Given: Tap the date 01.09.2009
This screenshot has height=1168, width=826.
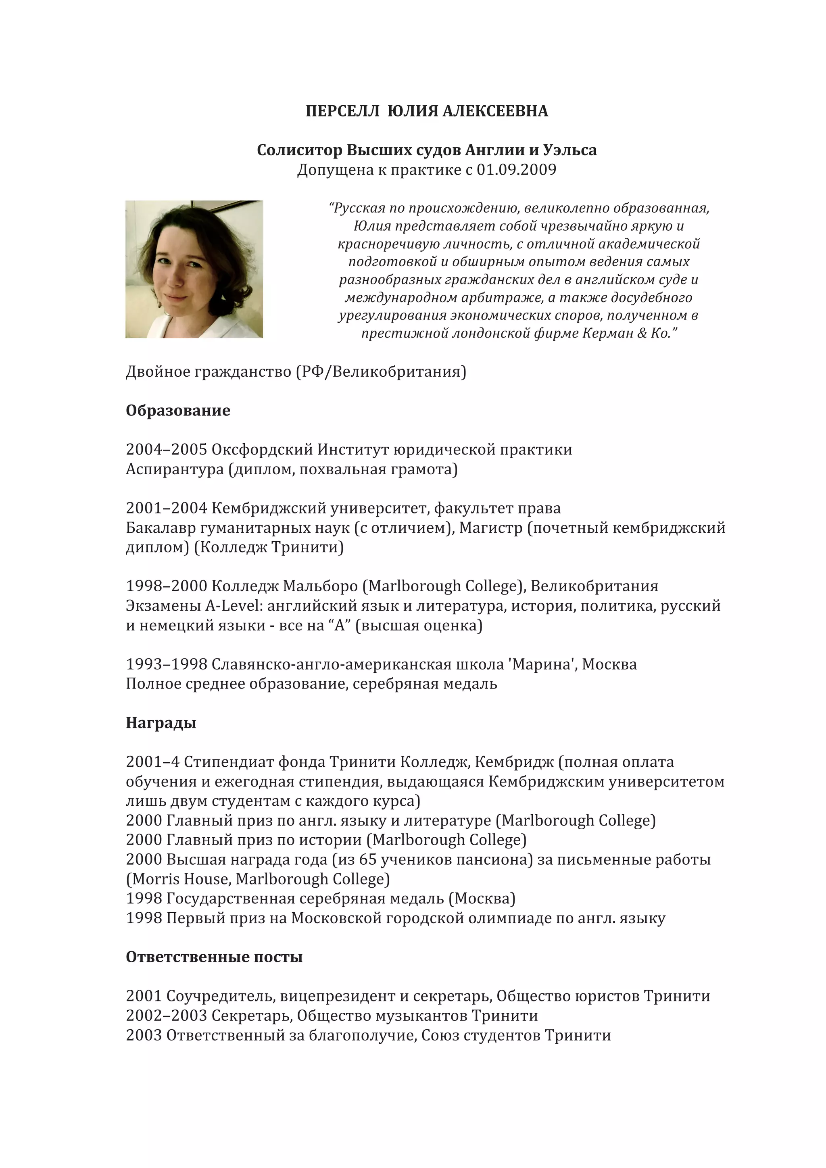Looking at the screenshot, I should tap(516, 169).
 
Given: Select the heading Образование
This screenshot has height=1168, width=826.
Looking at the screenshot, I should tap(177, 411).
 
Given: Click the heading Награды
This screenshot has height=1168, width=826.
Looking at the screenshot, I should tap(161, 723).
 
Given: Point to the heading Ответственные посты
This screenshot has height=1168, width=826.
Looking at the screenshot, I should tap(214, 957).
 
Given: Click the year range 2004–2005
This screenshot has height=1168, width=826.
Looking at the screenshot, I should tap(166, 450).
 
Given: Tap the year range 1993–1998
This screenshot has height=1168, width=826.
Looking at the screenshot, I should tap(166, 664).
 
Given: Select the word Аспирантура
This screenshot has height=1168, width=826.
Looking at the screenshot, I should tap(175, 469).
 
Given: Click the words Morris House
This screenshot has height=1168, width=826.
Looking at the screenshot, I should tap(181, 879).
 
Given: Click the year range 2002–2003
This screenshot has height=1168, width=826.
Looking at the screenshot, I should tap(166, 1016).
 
